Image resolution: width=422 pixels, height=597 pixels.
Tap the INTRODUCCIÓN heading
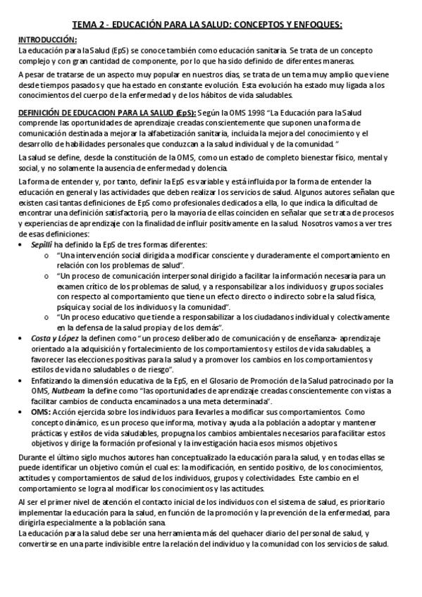tap(47, 40)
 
